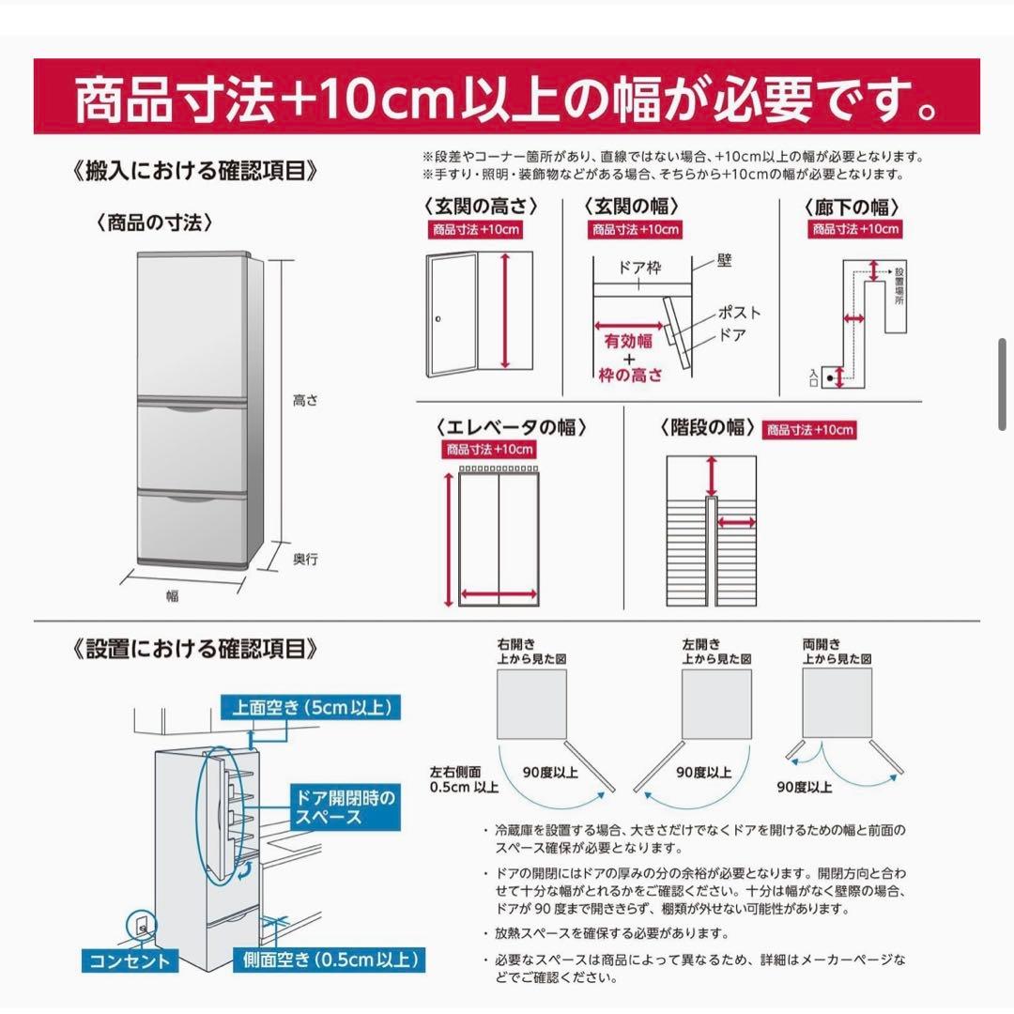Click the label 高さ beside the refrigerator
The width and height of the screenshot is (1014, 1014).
tap(305, 400)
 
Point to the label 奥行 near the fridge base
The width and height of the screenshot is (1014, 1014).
tap(305, 560)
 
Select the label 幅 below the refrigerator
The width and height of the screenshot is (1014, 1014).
tap(173, 595)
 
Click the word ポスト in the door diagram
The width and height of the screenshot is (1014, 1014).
tap(739, 313)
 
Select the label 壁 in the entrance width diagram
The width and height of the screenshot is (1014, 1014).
tap(724, 260)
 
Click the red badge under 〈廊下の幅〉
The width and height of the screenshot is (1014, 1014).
tap(855, 229)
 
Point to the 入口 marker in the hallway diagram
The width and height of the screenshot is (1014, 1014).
tap(813, 378)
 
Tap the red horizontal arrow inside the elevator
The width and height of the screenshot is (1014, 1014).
tap(499, 594)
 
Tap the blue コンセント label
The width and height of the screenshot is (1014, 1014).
tap(131, 960)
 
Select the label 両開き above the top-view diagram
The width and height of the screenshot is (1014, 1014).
tap(822, 645)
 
